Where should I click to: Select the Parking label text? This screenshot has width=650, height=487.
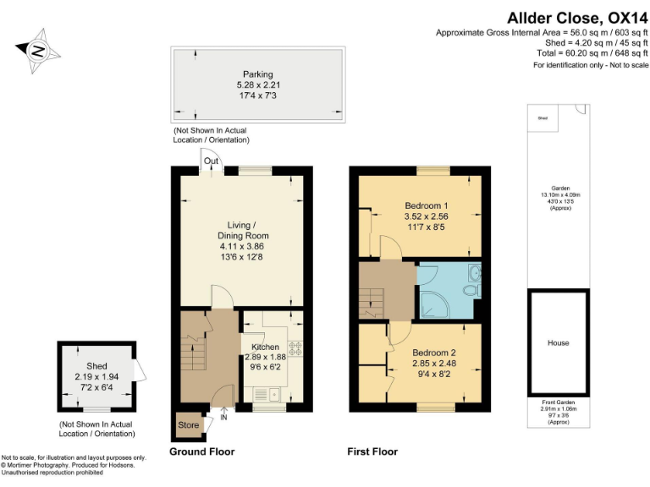[x=257, y=74]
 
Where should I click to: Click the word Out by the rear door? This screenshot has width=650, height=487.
[x=211, y=161]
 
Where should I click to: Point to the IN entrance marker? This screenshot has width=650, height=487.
[x=223, y=417]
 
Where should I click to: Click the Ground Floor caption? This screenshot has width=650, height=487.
[x=201, y=452]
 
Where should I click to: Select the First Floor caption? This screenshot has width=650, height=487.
[x=372, y=452]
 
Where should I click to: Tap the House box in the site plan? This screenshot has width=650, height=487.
[x=558, y=342]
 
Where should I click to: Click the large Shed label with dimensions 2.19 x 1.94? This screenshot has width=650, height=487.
[x=96, y=365]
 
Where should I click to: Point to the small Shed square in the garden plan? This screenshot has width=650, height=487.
[x=542, y=119]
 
